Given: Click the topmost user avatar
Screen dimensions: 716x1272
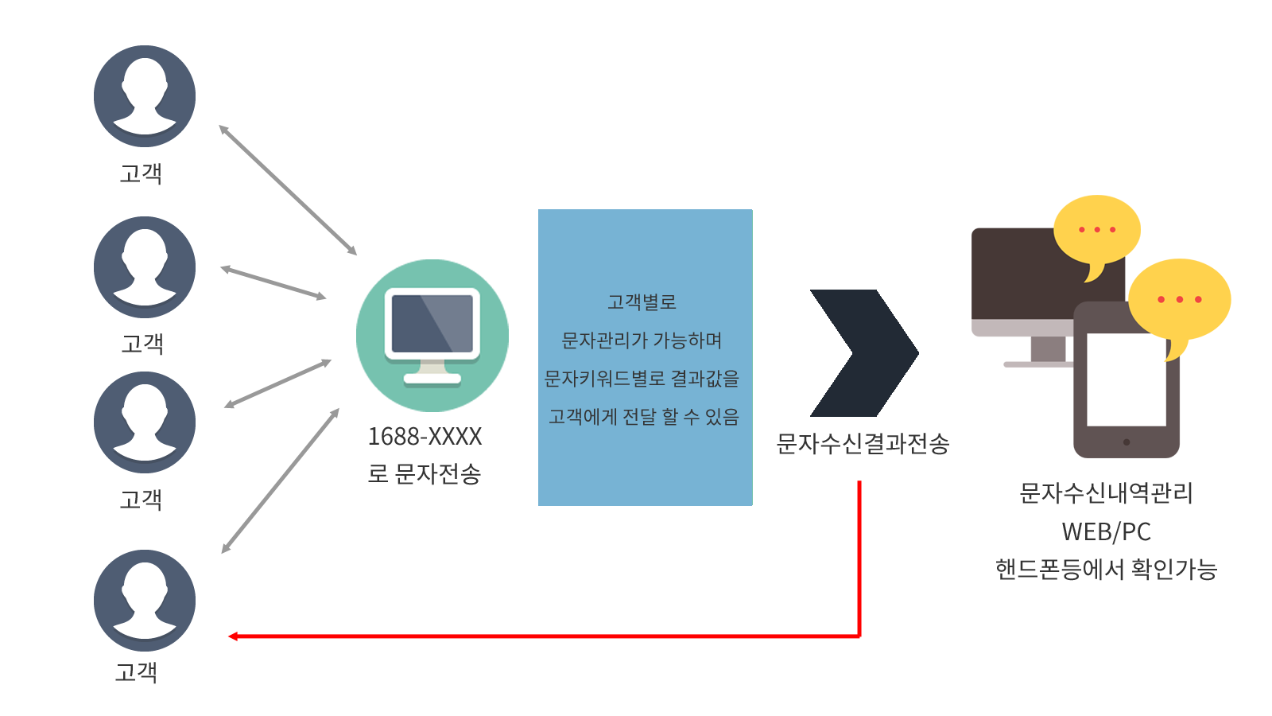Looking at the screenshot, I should click(145, 96).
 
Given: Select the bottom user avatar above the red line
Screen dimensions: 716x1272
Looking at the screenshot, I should click(145, 601).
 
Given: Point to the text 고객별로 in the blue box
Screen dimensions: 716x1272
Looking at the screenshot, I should click(642, 302).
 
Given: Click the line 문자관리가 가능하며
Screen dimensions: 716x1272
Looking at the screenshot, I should click(642, 340).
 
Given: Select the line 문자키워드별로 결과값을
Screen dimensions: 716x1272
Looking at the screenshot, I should click(642, 379).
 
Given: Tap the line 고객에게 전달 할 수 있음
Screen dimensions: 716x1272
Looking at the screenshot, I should click(643, 417).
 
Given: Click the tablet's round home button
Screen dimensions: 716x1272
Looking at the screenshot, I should click(1127, 442).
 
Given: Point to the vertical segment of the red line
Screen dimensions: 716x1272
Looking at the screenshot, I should click(859, 557).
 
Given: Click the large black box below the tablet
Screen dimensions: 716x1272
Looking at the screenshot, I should click(1106, 531).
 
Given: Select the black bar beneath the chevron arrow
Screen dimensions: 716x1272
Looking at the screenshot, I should click(863, 444).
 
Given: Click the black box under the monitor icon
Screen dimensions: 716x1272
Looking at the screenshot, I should click(425, 456).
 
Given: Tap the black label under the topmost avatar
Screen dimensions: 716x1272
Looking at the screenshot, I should click(140, 174).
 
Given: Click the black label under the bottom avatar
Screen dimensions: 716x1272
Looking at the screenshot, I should click(135, 673).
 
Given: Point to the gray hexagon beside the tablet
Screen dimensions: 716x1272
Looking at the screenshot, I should click(1046, 349).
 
